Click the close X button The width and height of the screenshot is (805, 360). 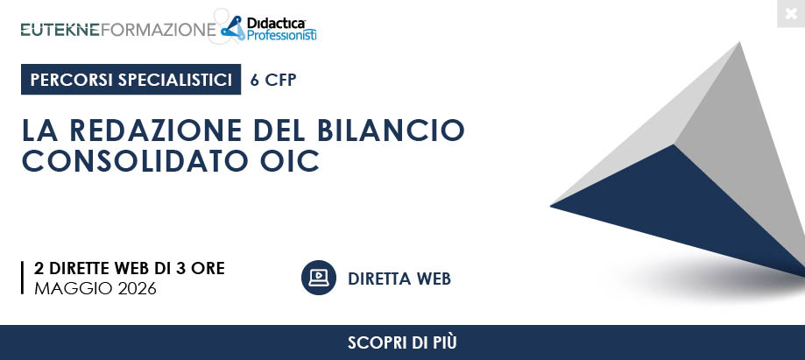tap(791, 13)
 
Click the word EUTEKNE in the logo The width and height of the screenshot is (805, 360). tap(60, 30)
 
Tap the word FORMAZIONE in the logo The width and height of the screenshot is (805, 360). tap(159, 30)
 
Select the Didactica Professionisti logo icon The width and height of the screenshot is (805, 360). tap(233, 27)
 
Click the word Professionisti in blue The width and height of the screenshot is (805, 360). tap(281, 35)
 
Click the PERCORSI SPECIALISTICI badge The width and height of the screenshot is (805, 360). tap(131, 80)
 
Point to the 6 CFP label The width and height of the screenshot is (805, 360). tap(273, 80)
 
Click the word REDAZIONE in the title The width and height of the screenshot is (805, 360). tap(156, 130)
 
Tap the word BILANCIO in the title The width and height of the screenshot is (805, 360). tap(391, 130)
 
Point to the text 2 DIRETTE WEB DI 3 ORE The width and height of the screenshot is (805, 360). tap(130, 269)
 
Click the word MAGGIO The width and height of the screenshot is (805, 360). tap(74, 289)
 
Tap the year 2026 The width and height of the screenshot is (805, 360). tap(137, 289)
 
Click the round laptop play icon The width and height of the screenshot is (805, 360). tap(319, 278)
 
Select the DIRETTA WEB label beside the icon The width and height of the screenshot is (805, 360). tap(399, 279)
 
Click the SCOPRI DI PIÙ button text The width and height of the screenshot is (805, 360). tap(402, 342)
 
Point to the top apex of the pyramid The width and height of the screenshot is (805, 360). tap(740, 43)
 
